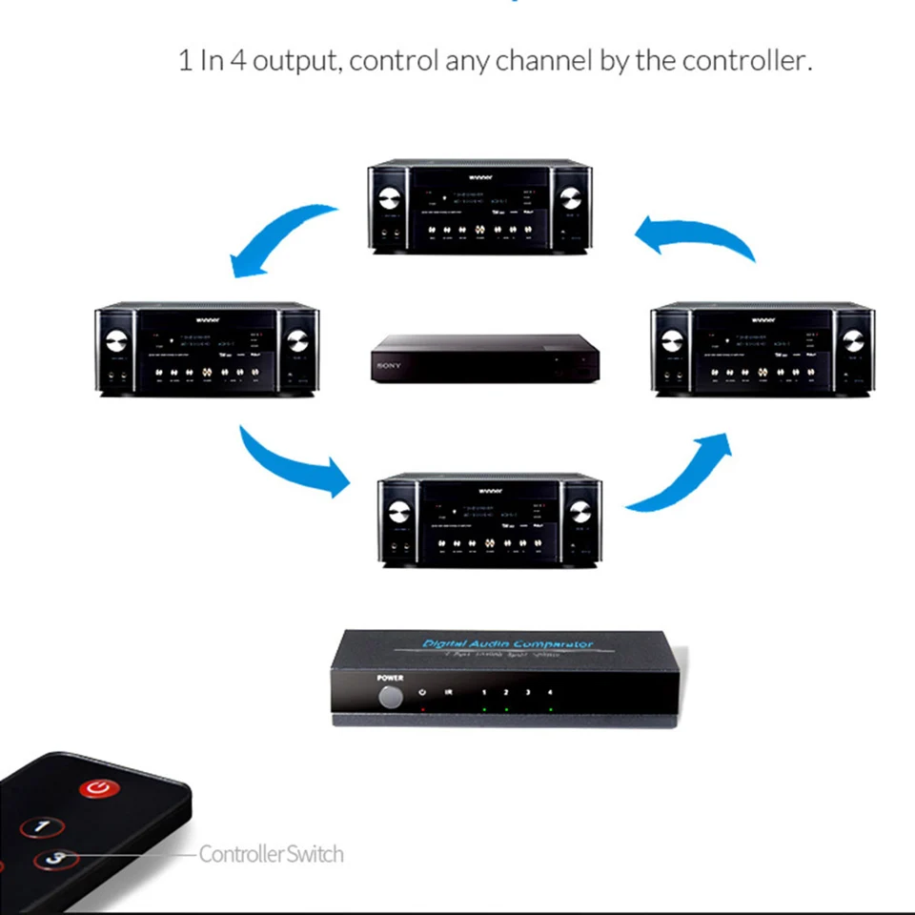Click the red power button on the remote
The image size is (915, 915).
pos(98,788)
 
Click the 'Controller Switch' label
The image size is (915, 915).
pos(271,854)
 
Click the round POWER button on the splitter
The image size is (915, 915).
pos(390,697)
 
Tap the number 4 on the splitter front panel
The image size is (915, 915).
pos(550,693)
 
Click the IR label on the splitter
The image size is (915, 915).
pos(448,693)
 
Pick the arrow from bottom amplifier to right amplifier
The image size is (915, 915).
pos(679,472)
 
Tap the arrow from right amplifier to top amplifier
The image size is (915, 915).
pos(696,234)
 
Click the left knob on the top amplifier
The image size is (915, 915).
pos(389,200)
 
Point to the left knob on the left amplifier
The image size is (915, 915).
pos(116,342)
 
